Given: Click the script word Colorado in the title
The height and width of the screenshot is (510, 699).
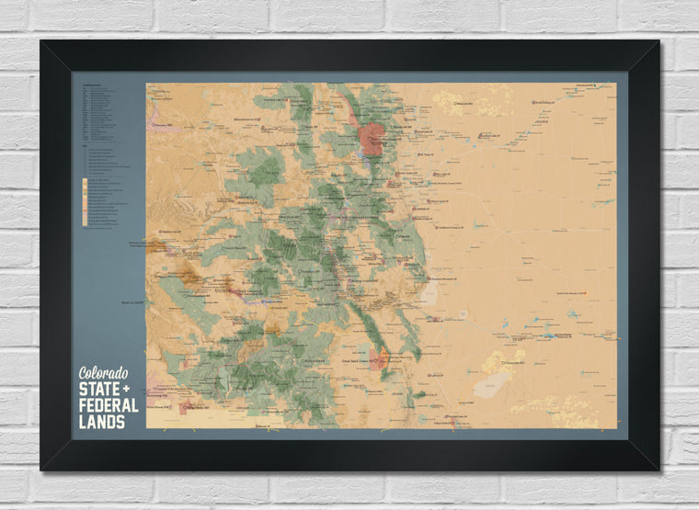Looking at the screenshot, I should coord(103,373).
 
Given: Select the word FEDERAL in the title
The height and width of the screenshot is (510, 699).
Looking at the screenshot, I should coord(109,405).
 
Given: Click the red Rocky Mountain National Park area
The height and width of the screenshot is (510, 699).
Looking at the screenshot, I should coord(372,138).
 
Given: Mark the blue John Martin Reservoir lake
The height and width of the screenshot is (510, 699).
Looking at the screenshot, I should coord(551,335).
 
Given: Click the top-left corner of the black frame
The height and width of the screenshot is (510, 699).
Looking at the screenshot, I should coord(42,41).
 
